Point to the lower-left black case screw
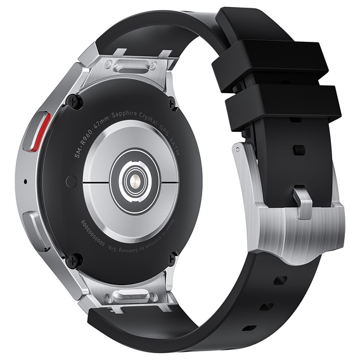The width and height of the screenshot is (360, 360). tap(77, 259)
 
